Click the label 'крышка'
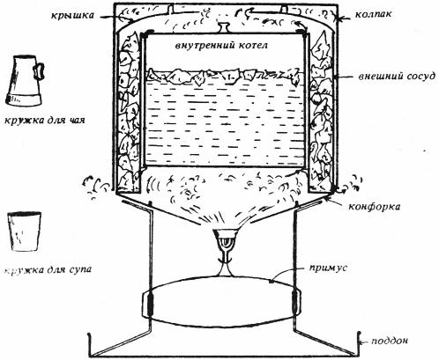point(72,15)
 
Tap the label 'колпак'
point(373,14)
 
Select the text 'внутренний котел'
point(221,46)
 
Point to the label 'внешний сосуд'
point(397,77)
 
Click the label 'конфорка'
point(374,206)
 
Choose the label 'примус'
point(328,268)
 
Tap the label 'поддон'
point(390,341)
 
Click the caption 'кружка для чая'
point(45,120)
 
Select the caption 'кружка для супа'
point(47,268)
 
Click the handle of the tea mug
point(40,70)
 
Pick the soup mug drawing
point(24,231)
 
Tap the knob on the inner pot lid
point(224,28)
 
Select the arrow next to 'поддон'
point(364,342)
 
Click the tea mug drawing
point(25,81)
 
